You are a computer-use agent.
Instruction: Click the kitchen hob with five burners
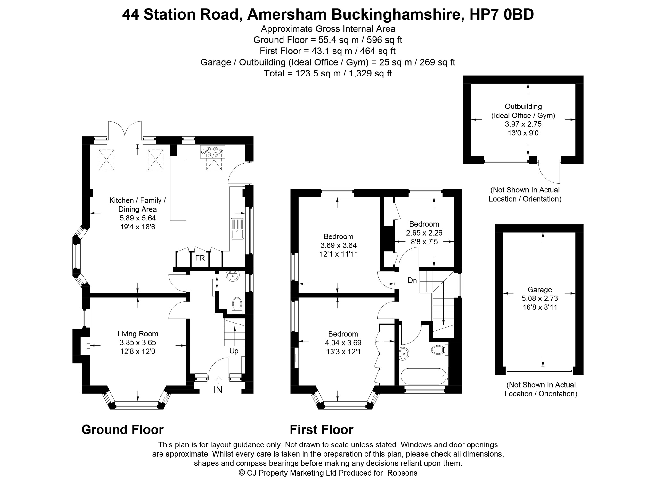tap(212, 152)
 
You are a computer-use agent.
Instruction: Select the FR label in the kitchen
tap(200, 258)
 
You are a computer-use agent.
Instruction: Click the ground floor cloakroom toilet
tap(237, 304)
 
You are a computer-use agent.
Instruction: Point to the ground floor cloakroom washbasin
tap(233, 276)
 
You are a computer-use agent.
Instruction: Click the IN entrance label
tap(218, 390)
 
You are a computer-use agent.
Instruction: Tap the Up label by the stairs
tap(234, 351)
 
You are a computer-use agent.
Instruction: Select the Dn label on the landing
tap(412, 281)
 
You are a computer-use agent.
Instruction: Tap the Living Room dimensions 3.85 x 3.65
tap(138, 343)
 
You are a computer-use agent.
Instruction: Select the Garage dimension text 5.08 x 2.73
tap(540, 299)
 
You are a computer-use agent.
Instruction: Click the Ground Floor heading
tap(122, 429)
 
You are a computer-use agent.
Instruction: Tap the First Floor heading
tap(322, 429)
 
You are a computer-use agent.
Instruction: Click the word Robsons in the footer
tap(402, 473)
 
